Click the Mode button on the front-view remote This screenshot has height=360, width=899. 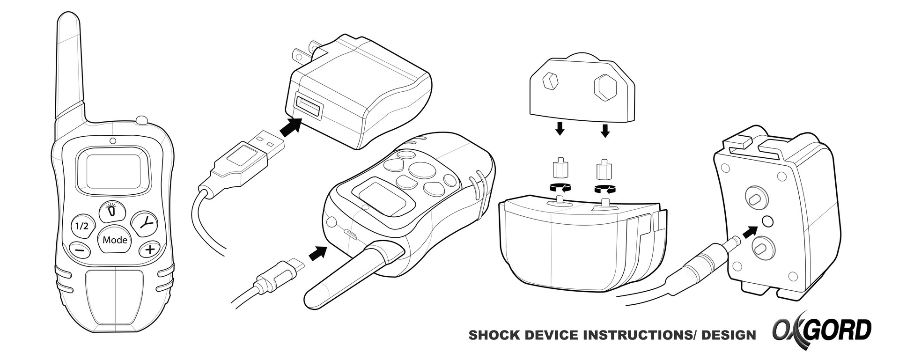coord(115,240)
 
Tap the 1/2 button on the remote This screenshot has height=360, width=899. coord(81,226)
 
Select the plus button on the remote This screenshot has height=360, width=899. coord(149,250)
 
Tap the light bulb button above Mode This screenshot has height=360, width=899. coord(111,211)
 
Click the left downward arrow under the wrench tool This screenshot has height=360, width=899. coord(559,128)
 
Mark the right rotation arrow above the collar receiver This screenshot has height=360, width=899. coord(605,189)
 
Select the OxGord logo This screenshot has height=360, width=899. coord(822,330)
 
